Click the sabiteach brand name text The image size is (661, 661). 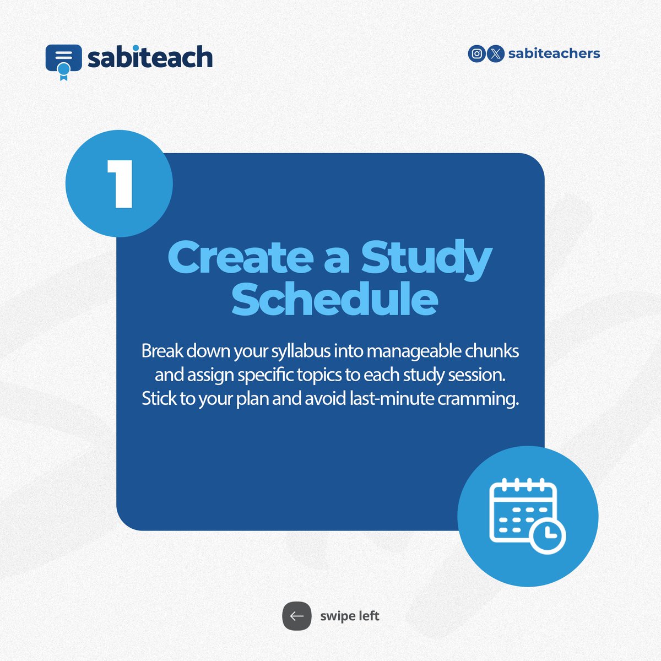(150, 57)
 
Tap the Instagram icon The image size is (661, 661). (476, 53)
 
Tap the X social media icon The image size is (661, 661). (496, 53)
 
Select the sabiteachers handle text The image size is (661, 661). (554, 53)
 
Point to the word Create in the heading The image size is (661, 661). (240, 258)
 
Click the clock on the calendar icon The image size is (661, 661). (548, 535)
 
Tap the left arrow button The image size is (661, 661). (297, 616)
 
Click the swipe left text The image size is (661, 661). (350, 616)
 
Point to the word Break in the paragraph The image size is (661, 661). (162, 351)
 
